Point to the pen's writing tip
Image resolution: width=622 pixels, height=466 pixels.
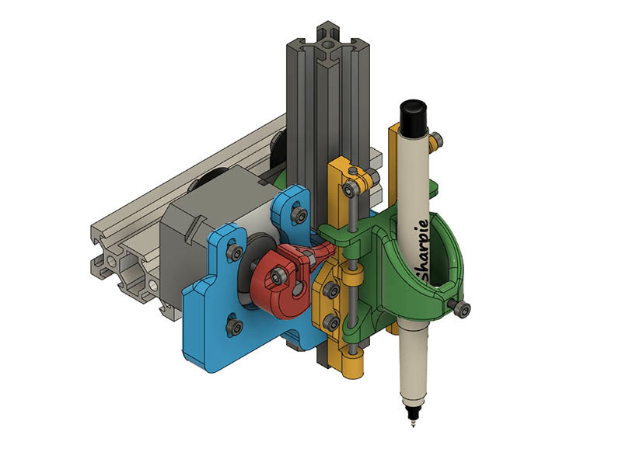click(412, 424)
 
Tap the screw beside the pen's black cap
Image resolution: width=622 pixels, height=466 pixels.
click(439, 140)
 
